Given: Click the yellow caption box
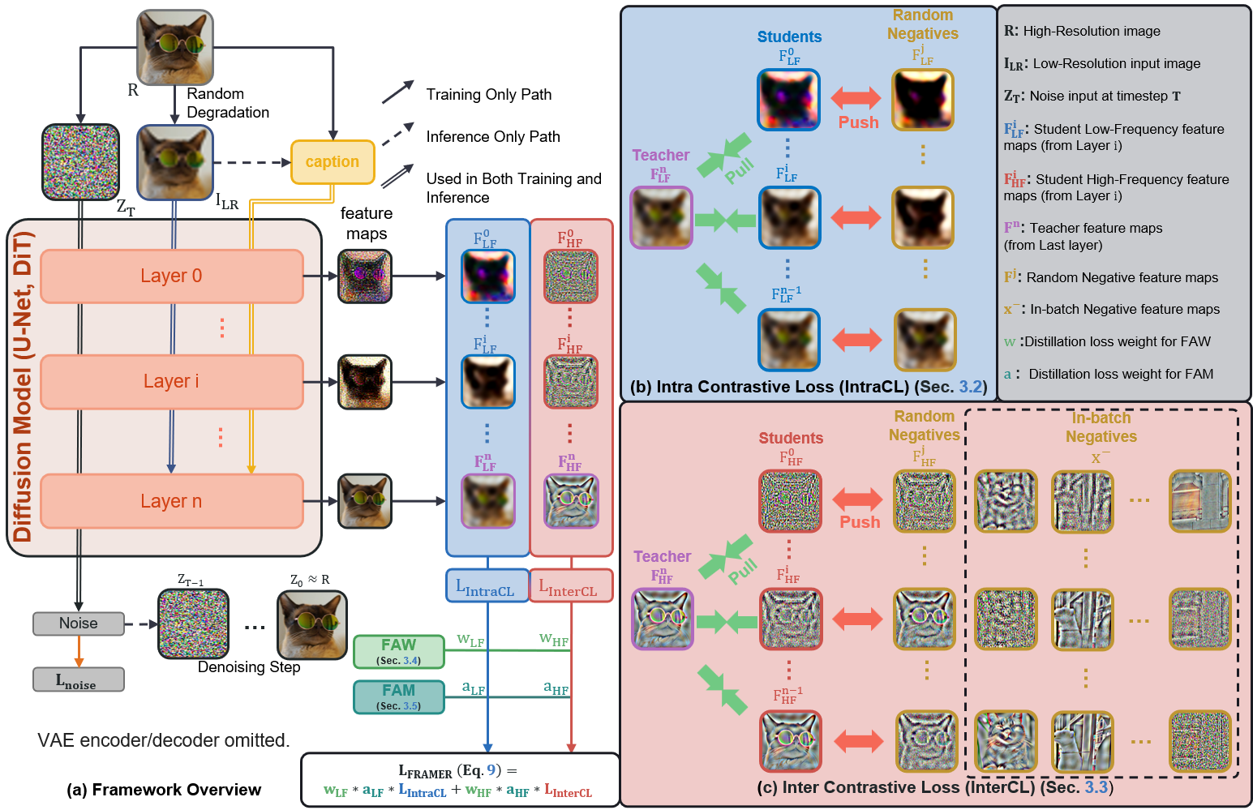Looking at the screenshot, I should [333, 162].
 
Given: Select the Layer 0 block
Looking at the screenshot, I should [171, 276].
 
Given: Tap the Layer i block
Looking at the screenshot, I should [171, 381].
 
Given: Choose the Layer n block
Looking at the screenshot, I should [171, 501].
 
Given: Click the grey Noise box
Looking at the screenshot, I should [79, 624].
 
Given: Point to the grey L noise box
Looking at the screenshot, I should [79, 679].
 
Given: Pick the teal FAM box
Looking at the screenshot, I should [399, 696].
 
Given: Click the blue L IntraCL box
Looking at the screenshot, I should [487, 586].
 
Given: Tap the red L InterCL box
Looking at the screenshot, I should [571, 586].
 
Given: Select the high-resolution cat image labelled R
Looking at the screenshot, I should [175, 47].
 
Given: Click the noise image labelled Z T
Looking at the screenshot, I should [80, 162].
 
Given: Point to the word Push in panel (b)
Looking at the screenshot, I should [858, 122].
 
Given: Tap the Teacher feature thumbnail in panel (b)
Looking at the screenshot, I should [662, 217].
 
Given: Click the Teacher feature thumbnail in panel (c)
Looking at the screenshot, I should [663, 619].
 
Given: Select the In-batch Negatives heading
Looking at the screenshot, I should [1101, 427].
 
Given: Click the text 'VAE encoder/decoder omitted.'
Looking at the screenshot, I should [163, 740].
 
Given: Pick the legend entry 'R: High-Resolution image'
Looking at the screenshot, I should [1082, 31].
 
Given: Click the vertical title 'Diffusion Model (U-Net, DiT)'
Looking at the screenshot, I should [23, 387].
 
